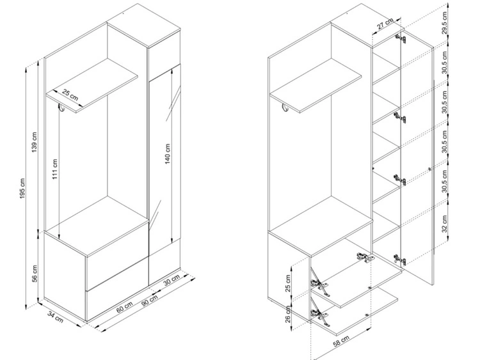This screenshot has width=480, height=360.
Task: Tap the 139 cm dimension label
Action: tap(35, 142)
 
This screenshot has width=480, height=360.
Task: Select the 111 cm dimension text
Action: tap(55, 169)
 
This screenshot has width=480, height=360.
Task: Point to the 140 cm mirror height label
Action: tap(168, 154)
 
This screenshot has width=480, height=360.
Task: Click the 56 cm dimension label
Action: tap(35, 274)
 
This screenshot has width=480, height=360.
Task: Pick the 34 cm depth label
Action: tap(56, 317)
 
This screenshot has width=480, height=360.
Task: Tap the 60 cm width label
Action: tap(125, 307)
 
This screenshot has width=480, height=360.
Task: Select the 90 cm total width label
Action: tap(149, 301)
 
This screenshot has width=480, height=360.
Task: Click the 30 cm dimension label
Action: tap(172, 280)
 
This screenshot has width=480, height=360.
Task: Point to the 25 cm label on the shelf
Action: tap(70, 95)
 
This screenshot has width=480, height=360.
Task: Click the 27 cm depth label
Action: tap(385, 24)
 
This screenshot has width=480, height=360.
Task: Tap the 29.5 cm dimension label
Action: tap(445, 22)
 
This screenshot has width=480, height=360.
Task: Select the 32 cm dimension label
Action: tap(445, 223)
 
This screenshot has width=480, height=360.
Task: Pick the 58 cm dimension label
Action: tap(341, 341)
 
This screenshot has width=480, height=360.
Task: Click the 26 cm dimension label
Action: tap(288, 314)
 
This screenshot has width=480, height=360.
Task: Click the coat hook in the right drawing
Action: tap(285, 108)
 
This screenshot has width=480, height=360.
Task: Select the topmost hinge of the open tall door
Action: tap(401, 38)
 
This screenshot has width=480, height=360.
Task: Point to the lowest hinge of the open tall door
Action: tap(400, 260)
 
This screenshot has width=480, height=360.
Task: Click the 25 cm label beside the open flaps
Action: tap(288, 283)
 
